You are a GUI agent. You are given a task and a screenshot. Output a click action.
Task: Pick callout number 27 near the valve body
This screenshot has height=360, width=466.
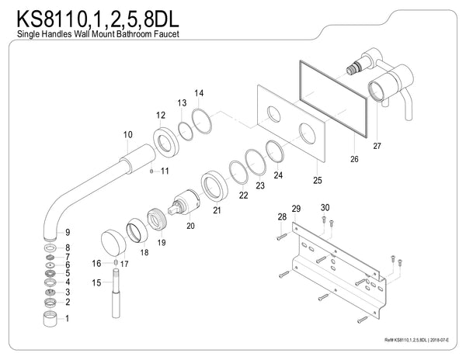pyautogui.click(x=378, y=144)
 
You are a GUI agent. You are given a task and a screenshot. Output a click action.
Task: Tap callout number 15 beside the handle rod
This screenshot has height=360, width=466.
pyautogui.click(x=96, y=282)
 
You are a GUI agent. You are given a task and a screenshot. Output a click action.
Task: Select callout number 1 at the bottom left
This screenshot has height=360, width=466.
pyautogui.click(x=68, y=318)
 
